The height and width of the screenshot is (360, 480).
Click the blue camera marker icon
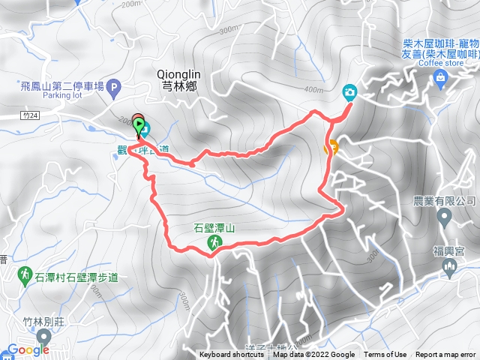349,92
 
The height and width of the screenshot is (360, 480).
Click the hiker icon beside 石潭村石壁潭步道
26,274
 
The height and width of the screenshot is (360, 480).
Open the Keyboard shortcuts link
232,355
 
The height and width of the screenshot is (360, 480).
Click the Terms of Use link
385,355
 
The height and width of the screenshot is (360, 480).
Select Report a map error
445,355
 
